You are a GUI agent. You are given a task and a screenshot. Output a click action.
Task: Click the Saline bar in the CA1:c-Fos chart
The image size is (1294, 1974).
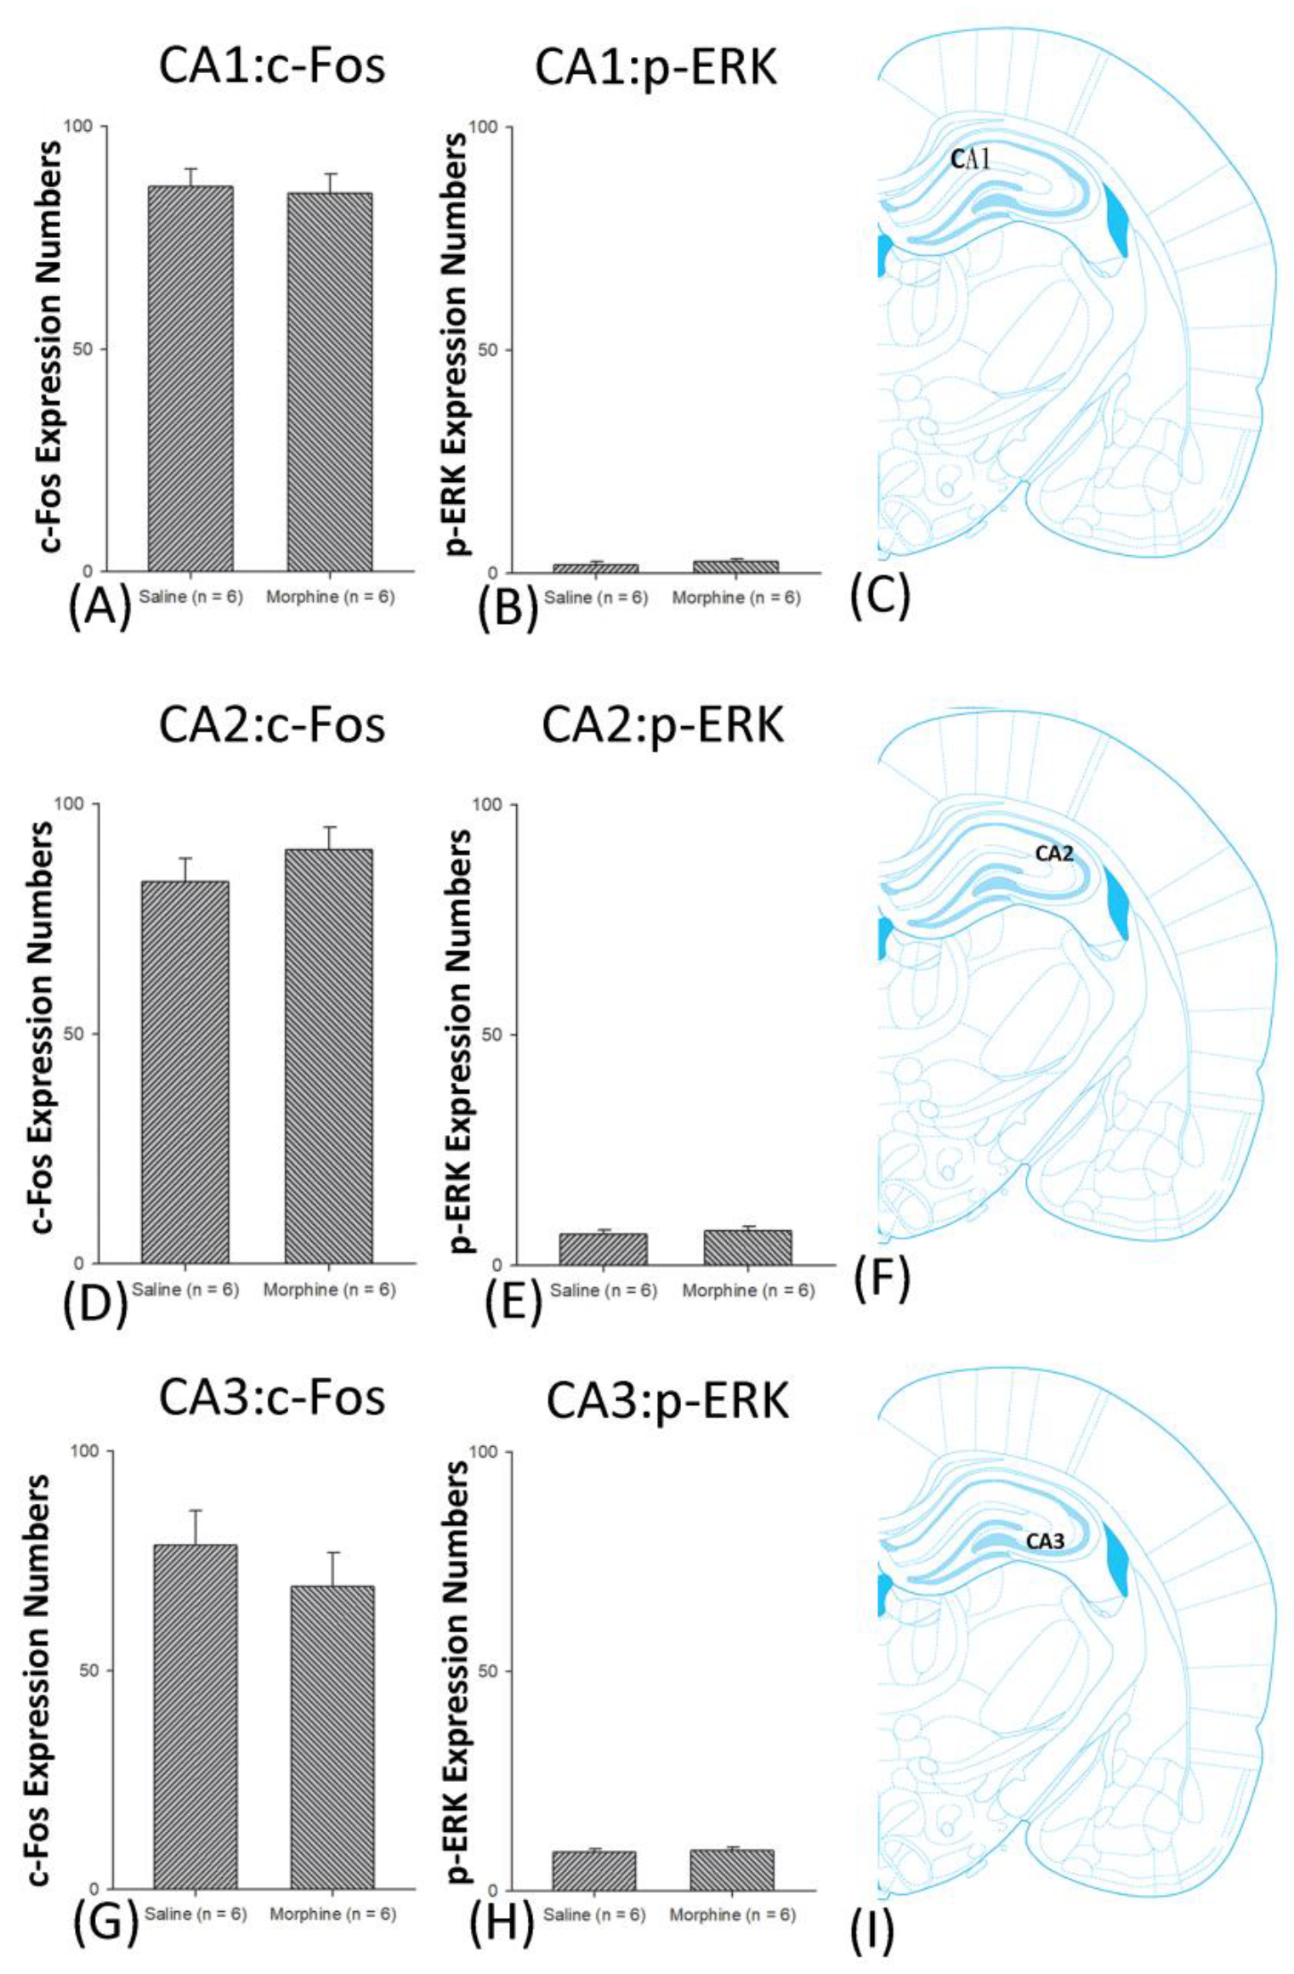tap(190, 378)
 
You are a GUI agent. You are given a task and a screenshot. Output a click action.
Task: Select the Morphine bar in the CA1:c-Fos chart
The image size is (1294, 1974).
tap(329, 382)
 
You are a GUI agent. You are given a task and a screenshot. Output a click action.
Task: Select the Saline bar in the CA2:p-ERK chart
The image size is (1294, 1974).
tap(603, 1249)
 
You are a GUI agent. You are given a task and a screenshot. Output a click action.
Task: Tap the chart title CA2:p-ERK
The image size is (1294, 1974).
tap(662, 725)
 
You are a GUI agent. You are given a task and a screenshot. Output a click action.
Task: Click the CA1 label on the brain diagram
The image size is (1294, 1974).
tap(970, 158)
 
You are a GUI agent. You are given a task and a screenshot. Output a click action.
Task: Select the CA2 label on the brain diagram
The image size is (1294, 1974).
tap(1053, 853)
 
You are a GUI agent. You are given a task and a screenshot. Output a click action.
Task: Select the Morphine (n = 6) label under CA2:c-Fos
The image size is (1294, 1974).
tap(329, 1290)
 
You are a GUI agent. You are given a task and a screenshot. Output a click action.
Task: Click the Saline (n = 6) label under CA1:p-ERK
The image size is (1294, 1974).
tap(595, 598)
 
